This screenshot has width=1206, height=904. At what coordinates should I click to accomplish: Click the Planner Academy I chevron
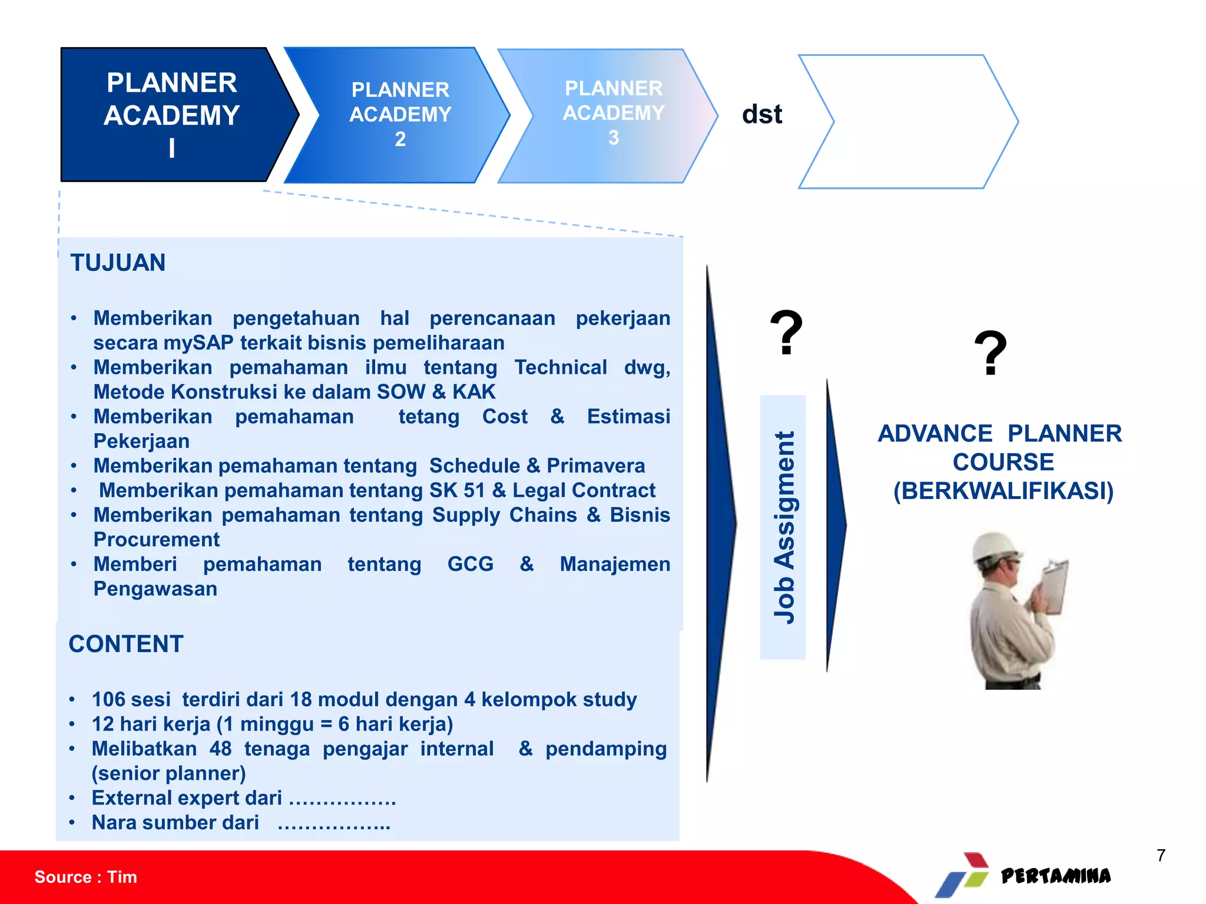point(171,115)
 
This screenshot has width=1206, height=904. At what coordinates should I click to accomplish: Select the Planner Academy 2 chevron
point(400,115)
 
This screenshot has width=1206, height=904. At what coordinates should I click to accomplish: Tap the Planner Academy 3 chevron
point(612,115)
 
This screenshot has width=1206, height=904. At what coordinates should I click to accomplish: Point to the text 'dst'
point(761,114)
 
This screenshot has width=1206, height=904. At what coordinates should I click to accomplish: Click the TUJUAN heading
point(118,262)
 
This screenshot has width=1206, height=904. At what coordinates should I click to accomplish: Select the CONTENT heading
point(126,644)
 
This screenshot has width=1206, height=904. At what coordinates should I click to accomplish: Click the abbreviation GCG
point(470,564)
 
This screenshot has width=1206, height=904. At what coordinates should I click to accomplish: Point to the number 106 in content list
point(108,699)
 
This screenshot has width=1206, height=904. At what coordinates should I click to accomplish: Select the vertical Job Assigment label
point(783,527)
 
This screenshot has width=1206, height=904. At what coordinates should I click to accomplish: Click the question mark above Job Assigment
point(786,333)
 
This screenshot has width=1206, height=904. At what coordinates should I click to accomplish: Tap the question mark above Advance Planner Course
point(990,353)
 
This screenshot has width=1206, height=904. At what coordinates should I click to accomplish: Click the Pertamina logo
point(1025,876)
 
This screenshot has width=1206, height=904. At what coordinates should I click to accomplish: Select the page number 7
point(1161,855)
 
